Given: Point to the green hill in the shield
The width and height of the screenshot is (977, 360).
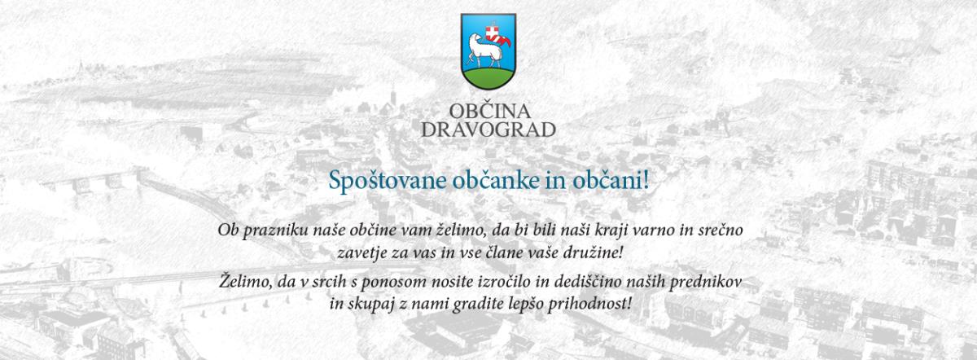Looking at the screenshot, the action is click(x=488, y=77).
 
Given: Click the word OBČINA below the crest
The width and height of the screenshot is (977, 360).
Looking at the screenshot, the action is click(x=489, y=112).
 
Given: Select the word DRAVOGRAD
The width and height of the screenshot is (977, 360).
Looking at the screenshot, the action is click(x=488, y=130).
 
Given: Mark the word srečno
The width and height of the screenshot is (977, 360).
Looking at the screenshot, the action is click(x=719, y=230).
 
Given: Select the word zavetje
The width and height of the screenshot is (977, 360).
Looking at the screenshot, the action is click(x=361, y=253).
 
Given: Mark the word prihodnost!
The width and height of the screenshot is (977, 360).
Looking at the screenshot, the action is click(x=589, y=305).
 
